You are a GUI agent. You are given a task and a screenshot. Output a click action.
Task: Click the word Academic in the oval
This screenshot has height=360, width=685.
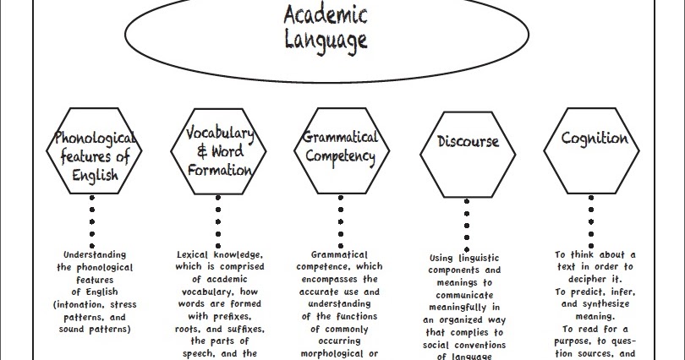click(326, 15)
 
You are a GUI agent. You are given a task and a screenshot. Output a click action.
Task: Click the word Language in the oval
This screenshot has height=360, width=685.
click(326, 41)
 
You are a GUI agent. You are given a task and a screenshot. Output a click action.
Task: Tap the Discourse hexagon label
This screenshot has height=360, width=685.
click(468, 141)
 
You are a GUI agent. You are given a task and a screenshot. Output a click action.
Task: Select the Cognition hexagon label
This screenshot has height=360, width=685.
click(595, 139)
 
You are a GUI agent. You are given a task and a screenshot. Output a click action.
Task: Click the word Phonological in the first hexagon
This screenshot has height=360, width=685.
click(95, 138)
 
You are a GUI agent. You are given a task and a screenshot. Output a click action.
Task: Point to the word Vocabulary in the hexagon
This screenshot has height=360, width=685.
click(220, 133)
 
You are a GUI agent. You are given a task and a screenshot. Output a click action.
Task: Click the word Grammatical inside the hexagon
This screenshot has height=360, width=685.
click(340, 137)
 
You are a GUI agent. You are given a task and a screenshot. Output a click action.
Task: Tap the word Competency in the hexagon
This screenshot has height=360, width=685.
click(340, 156)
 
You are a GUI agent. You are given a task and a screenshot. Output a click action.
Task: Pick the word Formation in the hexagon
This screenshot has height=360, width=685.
click(220, 170)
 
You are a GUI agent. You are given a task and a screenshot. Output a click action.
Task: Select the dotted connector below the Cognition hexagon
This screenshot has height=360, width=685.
click(591, 221)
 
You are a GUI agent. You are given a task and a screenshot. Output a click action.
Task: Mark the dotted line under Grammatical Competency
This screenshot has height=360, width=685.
click(341, 221)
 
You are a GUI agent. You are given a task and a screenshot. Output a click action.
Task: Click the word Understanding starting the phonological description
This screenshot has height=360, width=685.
click(95, 255)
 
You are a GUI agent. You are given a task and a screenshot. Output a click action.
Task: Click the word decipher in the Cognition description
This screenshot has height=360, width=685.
click(587, 279)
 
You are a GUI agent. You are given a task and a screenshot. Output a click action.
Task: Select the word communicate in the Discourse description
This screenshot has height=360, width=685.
click(464, 296)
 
